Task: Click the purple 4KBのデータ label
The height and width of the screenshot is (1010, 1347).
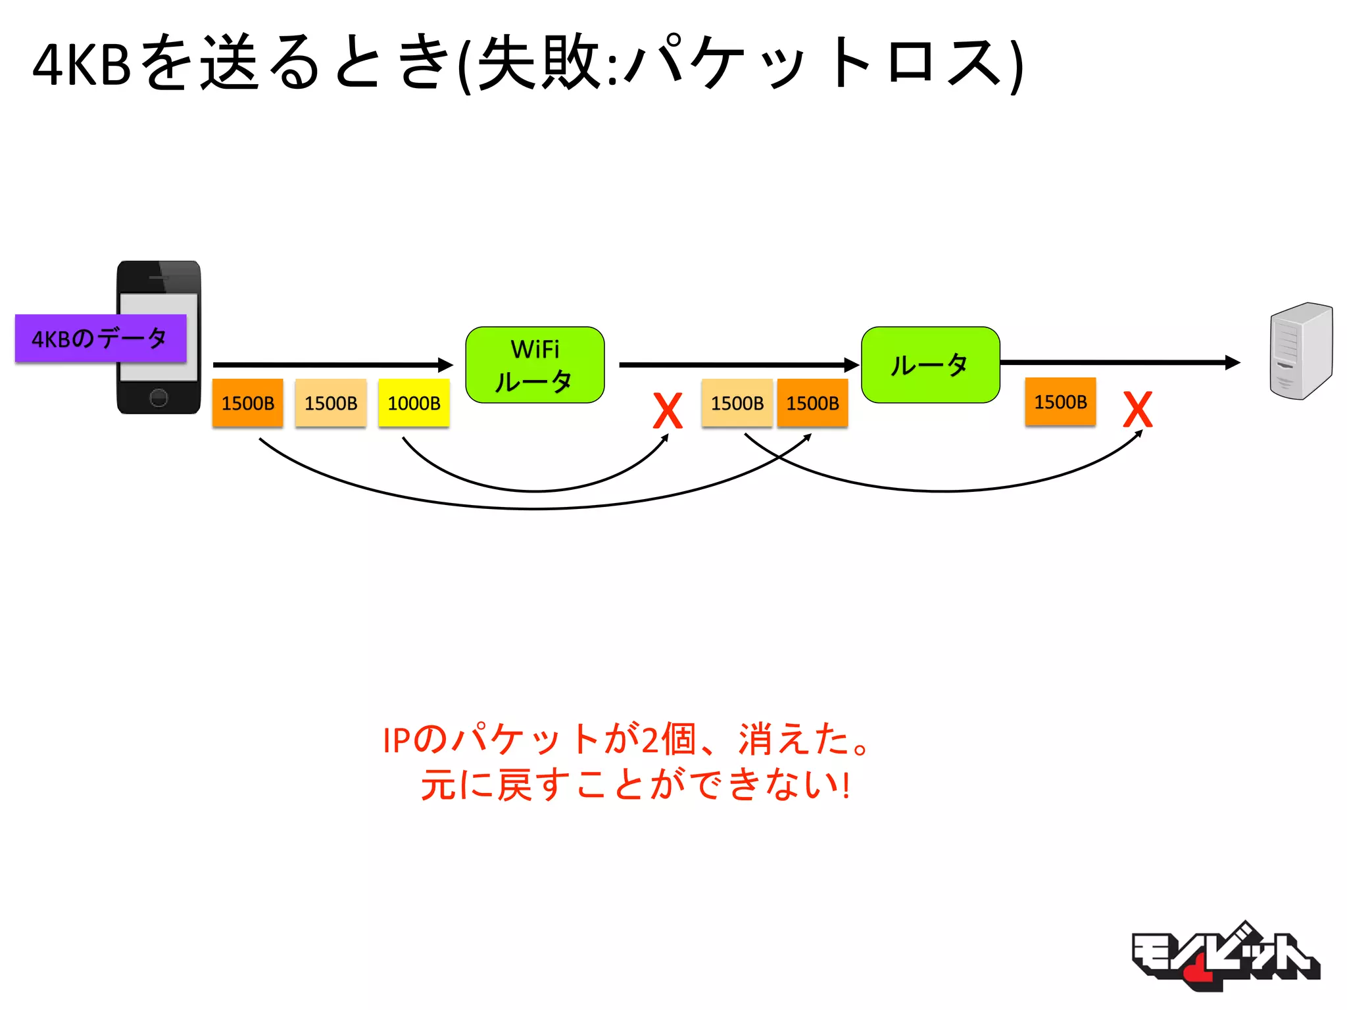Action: [x=100, y=339]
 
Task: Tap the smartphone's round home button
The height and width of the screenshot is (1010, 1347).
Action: [x=159, y=397]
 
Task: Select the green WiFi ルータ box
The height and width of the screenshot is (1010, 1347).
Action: [x=535, y=365]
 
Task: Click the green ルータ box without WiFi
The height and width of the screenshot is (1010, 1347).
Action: [x=930, y=365]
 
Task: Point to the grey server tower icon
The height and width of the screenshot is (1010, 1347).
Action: [x=1300, y=350]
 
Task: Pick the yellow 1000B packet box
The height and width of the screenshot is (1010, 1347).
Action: [x=414, y=403]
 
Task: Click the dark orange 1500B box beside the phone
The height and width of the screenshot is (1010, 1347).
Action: [x=247, y=403]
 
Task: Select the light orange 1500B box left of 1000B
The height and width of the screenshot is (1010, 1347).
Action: [x=331, y=403]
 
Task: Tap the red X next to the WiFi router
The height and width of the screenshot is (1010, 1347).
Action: [x=668, y=411]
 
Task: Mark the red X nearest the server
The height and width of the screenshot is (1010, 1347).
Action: [x=1138, y=410]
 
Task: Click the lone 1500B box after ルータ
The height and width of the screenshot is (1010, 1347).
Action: [x=1060, y=402]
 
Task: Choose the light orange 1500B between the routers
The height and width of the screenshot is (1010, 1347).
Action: [x=737, y=403]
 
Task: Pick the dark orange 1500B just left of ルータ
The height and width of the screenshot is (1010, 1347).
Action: [x=812, y=403]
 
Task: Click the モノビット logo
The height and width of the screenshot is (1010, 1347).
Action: [x=1225, y=957]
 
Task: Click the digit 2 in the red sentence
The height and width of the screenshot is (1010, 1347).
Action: [x=650, y=740]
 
